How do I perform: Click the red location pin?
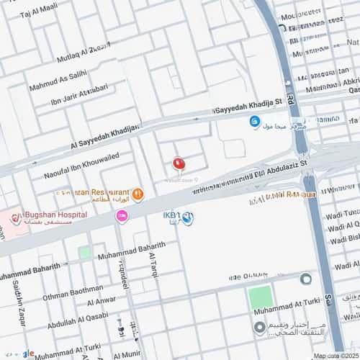point(179,164)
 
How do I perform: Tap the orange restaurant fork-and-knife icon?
point(138,194)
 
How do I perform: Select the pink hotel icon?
point(122,215)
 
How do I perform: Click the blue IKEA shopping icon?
point(187,218)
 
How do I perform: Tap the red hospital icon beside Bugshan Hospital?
point(16,218)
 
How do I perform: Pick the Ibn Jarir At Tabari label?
point(79,95)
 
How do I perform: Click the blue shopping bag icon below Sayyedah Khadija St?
point(254,122)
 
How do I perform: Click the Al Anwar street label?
point(101,300)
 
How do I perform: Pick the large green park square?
point(261,297)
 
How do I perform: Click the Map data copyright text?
point(334,356)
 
